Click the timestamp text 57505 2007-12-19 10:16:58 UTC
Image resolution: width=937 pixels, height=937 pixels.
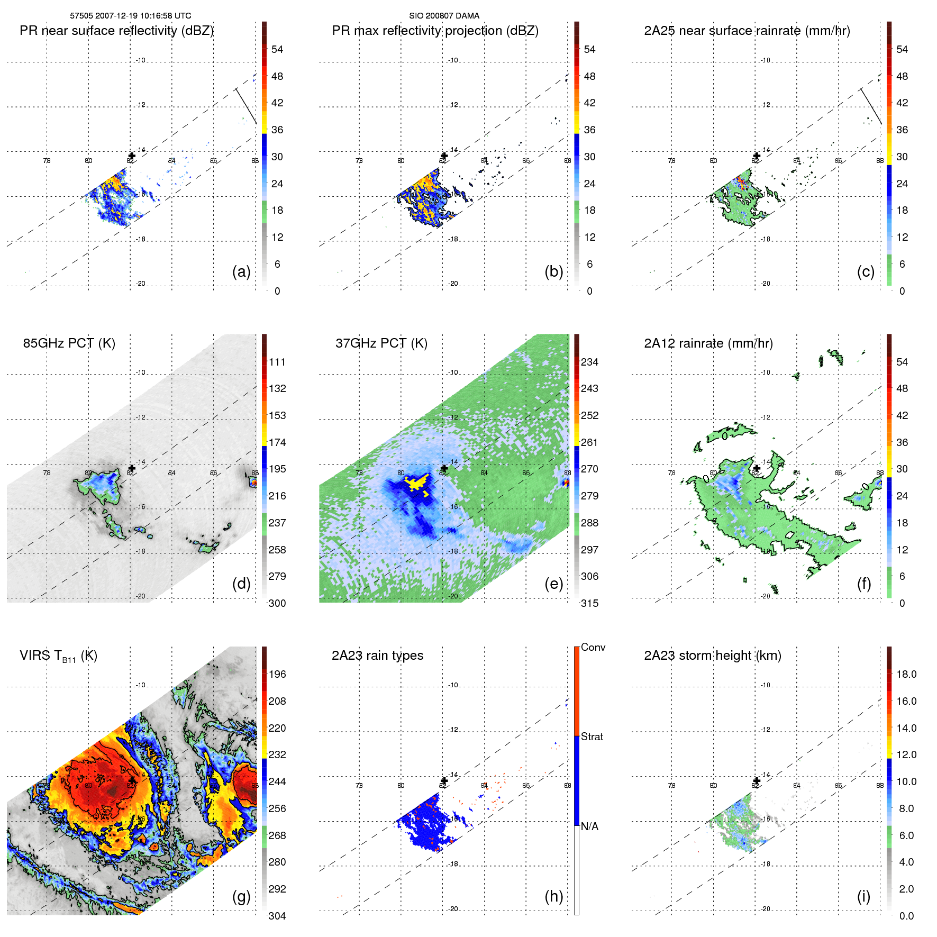[131, 16]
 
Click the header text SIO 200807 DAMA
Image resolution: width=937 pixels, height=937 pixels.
[444, 16]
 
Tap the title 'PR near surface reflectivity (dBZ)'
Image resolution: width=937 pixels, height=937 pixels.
[116, 31]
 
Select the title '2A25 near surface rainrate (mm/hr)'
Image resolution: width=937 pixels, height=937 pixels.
[747, 31]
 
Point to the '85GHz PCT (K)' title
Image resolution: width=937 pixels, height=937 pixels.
[69, 343]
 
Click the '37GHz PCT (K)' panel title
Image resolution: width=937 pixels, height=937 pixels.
[381, 343]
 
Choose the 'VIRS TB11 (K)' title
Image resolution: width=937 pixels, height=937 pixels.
[58, 656]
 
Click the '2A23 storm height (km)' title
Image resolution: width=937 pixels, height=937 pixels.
[712, 656]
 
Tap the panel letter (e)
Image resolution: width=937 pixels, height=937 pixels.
[553, 584]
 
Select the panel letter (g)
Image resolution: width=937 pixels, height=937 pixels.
[241, 896]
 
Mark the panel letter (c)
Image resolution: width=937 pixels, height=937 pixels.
[866, 271]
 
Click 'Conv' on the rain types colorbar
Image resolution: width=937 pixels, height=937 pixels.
[593, 647]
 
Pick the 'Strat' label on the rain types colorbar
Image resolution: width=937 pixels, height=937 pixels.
[592, 736]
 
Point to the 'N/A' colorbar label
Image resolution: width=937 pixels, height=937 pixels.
[590, 826]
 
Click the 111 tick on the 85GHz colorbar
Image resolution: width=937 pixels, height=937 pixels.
[277, 362]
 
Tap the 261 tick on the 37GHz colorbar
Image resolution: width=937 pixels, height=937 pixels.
[589, 442]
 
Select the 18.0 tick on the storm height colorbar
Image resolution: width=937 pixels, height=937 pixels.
[906, 674]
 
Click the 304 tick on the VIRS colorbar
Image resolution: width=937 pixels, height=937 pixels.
[277, 916]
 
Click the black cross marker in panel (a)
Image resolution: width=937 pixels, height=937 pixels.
[132, 156]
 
